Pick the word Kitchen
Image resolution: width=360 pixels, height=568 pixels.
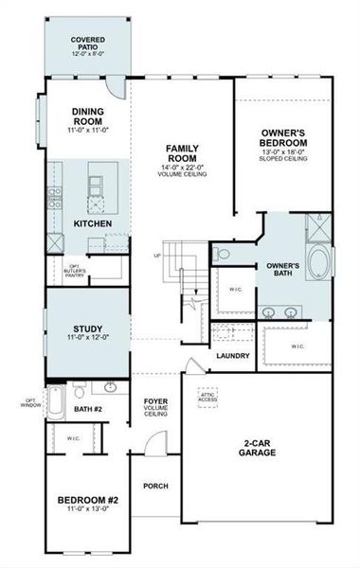click(x=93, y=223)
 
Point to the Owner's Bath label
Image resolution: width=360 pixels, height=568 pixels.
click(x=282, y=270)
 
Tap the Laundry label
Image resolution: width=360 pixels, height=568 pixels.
click(x=232, y=356)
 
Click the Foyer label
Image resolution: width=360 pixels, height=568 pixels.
click(x=156, y=408)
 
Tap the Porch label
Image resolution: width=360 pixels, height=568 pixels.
click(x=155, y=486)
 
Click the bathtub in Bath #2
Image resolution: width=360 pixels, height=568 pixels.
click(x=56, y=405)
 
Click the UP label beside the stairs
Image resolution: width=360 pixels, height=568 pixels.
click(x=156, y=256)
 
